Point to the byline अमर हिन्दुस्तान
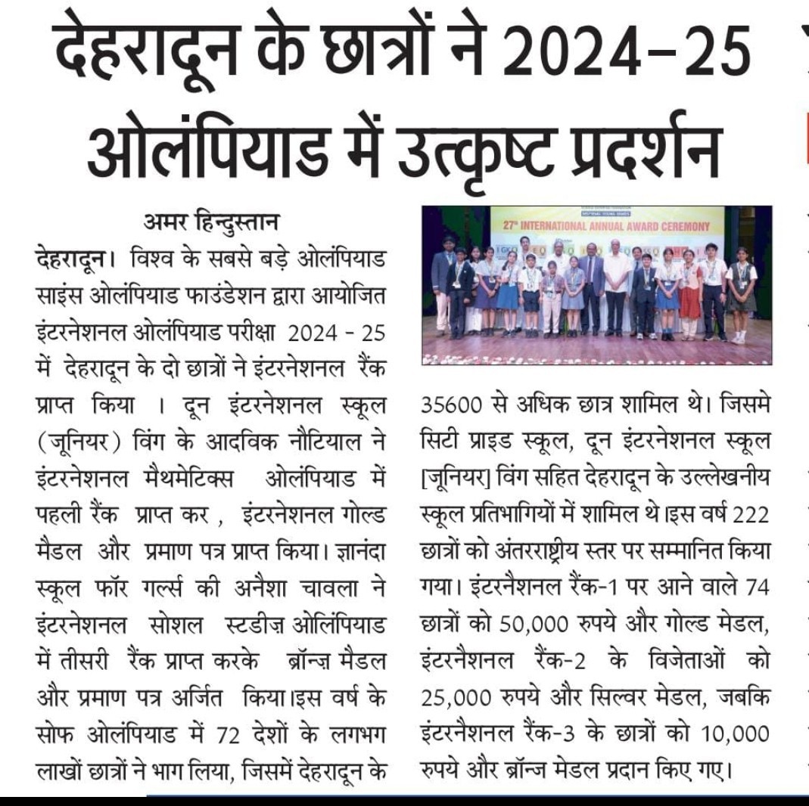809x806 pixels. [x=211, y=223]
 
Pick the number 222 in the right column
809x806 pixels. [x=751, y=514]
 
